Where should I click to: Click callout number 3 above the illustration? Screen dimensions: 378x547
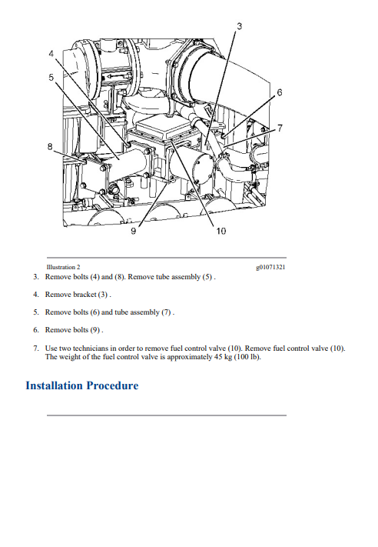pos(240,26)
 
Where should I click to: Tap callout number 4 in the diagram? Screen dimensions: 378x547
pos(51,54)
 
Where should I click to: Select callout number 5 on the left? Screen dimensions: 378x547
pos(51,77)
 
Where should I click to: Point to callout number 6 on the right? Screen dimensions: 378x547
pos(280,92)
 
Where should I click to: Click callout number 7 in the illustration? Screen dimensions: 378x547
pos(280,128)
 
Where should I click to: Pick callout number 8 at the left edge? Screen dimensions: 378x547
pos(50,147)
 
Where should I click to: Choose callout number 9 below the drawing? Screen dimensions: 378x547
pos(134,231)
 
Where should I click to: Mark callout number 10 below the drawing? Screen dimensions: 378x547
pos(220,231)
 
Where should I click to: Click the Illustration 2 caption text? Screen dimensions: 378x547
pos(63,267)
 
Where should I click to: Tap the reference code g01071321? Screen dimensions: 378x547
pos(270,268)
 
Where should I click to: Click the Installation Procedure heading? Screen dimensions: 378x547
pos(82,385)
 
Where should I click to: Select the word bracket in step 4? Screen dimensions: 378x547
pos(84,295)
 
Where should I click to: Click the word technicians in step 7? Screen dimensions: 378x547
pos(91,349)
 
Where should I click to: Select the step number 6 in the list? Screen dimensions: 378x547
pos(36,330)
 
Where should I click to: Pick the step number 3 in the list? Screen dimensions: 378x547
pos(36,277)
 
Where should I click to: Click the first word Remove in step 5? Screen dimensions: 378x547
pos(56,312)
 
